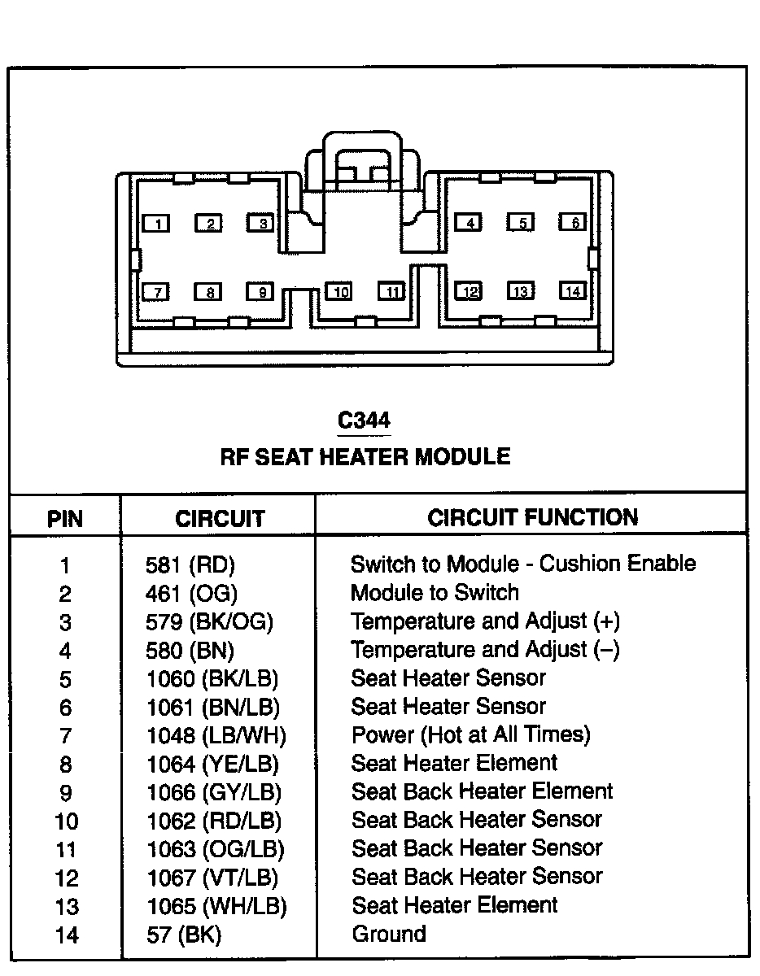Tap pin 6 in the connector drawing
pos(573,222)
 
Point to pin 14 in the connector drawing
pos(573,291)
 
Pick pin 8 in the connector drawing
pos(208,292)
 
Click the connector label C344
pos(364,420)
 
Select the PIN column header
pos(65,519)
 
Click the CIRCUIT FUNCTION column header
pos(532,517)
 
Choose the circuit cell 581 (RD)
pos(184,564)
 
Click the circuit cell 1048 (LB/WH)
pos(216,736)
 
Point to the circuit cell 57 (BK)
pos(183,935)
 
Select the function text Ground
pos(388,934)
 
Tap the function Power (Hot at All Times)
pos(470,735)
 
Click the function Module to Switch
pos(435,593)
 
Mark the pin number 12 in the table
pos(66,878)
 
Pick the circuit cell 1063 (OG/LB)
pos(215,850)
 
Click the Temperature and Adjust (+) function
pos(485,622)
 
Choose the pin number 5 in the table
pos(66,679)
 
